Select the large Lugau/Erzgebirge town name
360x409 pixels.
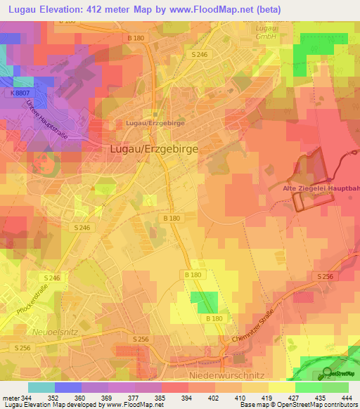point(154,149)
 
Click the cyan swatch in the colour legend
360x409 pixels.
point(41,387)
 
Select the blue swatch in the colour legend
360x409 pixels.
point(68,387)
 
